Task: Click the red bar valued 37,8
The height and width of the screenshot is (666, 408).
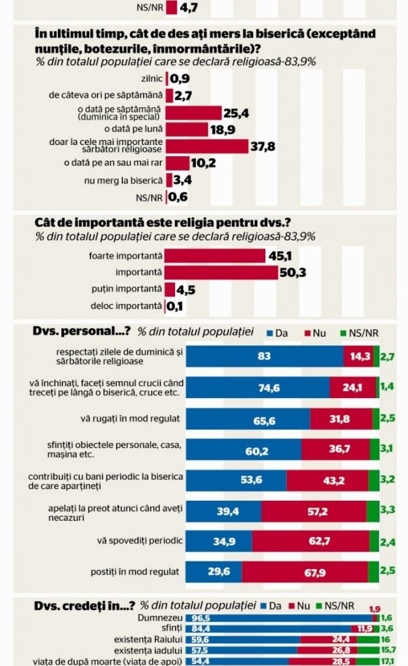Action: click(208, 146)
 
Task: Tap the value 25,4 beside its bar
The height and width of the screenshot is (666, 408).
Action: click(236, 113)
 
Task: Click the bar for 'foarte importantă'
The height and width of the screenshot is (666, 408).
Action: click(215, 256)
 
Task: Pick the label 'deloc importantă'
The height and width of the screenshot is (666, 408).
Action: click(126, 306)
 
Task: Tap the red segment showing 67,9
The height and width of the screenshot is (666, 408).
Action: click(305, 572)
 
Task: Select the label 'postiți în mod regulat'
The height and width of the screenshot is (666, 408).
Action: click(137, 572)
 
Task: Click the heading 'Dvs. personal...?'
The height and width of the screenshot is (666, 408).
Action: click(83, 332)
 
